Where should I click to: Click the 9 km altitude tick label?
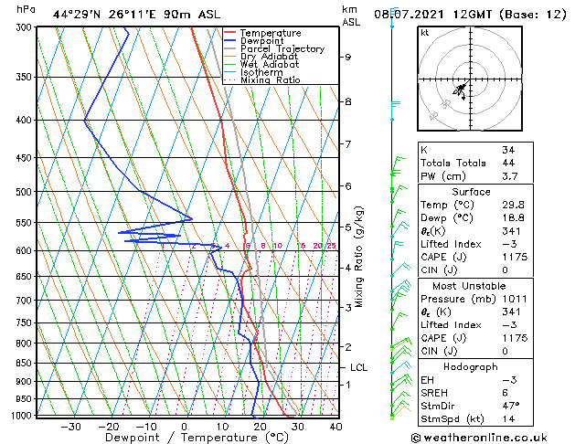click(x=348, y=57)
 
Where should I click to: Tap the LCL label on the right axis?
click(x=359, y=367)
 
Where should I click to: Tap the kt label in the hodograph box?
click(x=424, y=32)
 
